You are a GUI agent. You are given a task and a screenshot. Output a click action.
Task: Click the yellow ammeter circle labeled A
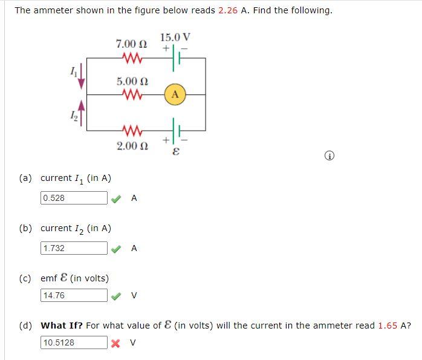175,94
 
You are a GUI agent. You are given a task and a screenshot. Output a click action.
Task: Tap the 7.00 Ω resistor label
131,44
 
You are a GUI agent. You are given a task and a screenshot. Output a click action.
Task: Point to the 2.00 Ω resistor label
131,146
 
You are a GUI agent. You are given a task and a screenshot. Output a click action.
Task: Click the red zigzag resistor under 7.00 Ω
131,58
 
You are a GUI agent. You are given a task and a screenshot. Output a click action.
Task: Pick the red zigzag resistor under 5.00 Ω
131,94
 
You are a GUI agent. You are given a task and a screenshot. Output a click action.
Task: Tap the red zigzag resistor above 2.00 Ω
131,129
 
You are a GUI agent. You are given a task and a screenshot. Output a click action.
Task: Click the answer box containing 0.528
74,198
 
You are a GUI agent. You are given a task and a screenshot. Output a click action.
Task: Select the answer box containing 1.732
74,248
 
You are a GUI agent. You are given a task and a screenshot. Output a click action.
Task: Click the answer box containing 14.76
74,295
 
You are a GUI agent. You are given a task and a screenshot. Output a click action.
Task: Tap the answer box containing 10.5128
74,342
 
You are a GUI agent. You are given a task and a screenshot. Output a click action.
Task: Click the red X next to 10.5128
117,342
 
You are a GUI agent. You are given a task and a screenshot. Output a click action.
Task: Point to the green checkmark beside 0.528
117,198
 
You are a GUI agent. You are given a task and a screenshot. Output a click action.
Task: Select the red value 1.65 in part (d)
388,326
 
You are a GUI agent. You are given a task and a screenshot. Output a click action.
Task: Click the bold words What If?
62,326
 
